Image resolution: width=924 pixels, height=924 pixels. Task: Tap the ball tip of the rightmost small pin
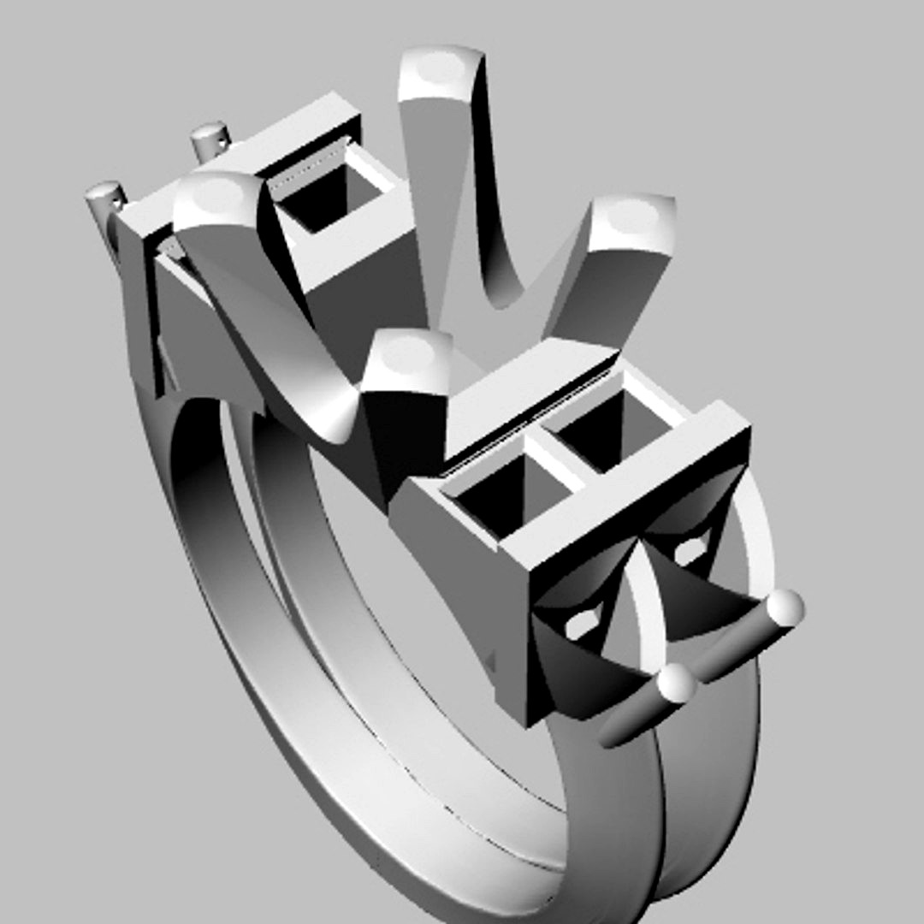click(x=785, y=607)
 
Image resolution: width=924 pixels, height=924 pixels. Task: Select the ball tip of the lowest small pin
click(x=678, y=684)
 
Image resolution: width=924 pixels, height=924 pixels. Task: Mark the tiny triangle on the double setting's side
click(x=491, y=660)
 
